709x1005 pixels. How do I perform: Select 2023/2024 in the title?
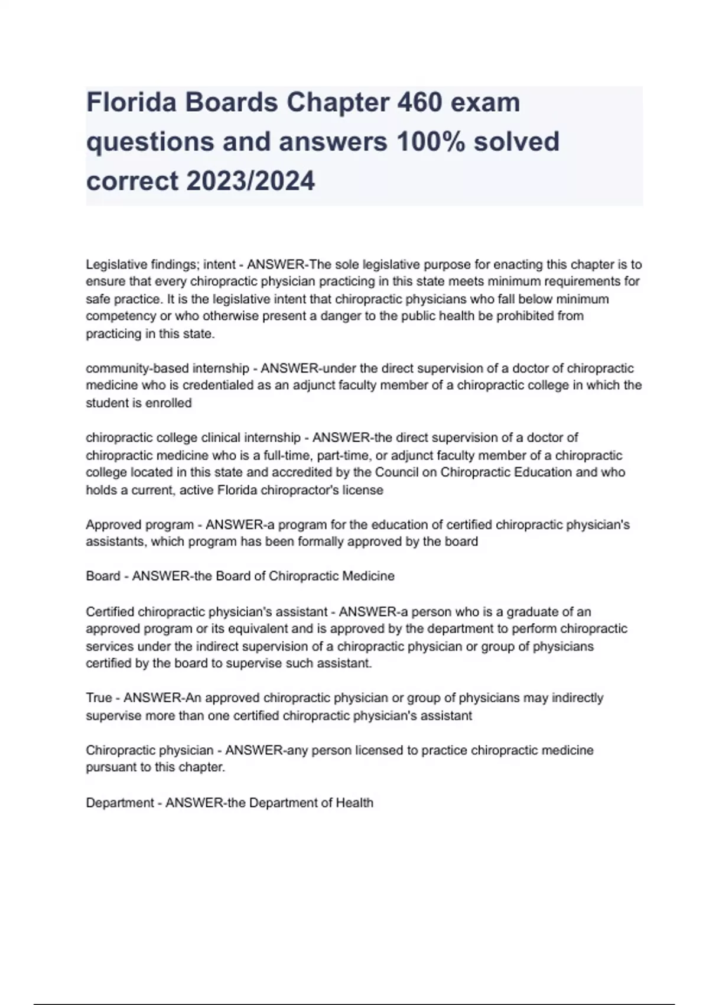point(251,181)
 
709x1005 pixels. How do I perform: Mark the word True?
point(99,698)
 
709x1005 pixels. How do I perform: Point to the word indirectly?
point(577,698)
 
